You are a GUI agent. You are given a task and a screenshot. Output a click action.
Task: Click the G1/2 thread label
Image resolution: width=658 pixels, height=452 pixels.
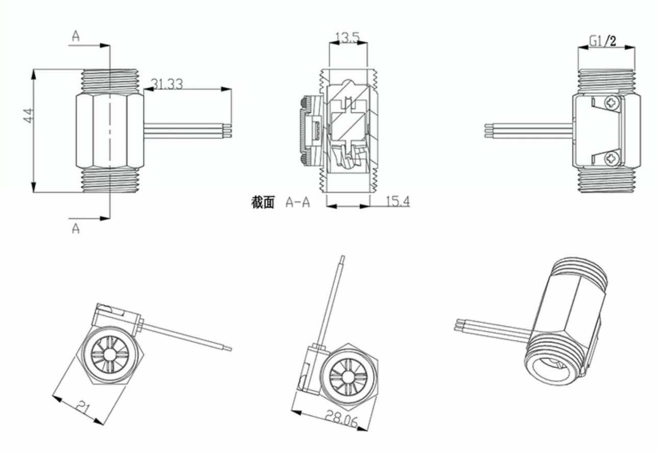pyautogui.click(x=602, y=41)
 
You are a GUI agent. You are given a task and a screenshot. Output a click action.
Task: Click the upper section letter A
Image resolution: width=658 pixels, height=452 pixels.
pyautogui.click(x=76, y=35)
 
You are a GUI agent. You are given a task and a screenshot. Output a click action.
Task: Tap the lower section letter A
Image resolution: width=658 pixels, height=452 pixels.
pyautogui.click(x=75, y=229)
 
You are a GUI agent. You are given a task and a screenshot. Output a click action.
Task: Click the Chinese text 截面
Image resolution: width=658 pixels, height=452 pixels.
pyautogui.click(x=263, y=203)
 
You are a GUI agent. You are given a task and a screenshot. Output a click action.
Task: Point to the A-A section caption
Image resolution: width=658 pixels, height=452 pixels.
pyautogui.click(x=298, y=203)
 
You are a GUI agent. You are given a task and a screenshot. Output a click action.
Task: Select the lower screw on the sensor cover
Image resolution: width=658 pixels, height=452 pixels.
pyautogui.click(x=611, y=159)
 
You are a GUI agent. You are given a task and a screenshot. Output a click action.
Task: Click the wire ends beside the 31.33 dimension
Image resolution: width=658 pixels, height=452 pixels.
pyautogui.click(x=230, y=130)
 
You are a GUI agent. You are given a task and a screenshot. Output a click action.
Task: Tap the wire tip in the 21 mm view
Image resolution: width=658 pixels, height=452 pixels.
pyautogui.click(x=229, y=349)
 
